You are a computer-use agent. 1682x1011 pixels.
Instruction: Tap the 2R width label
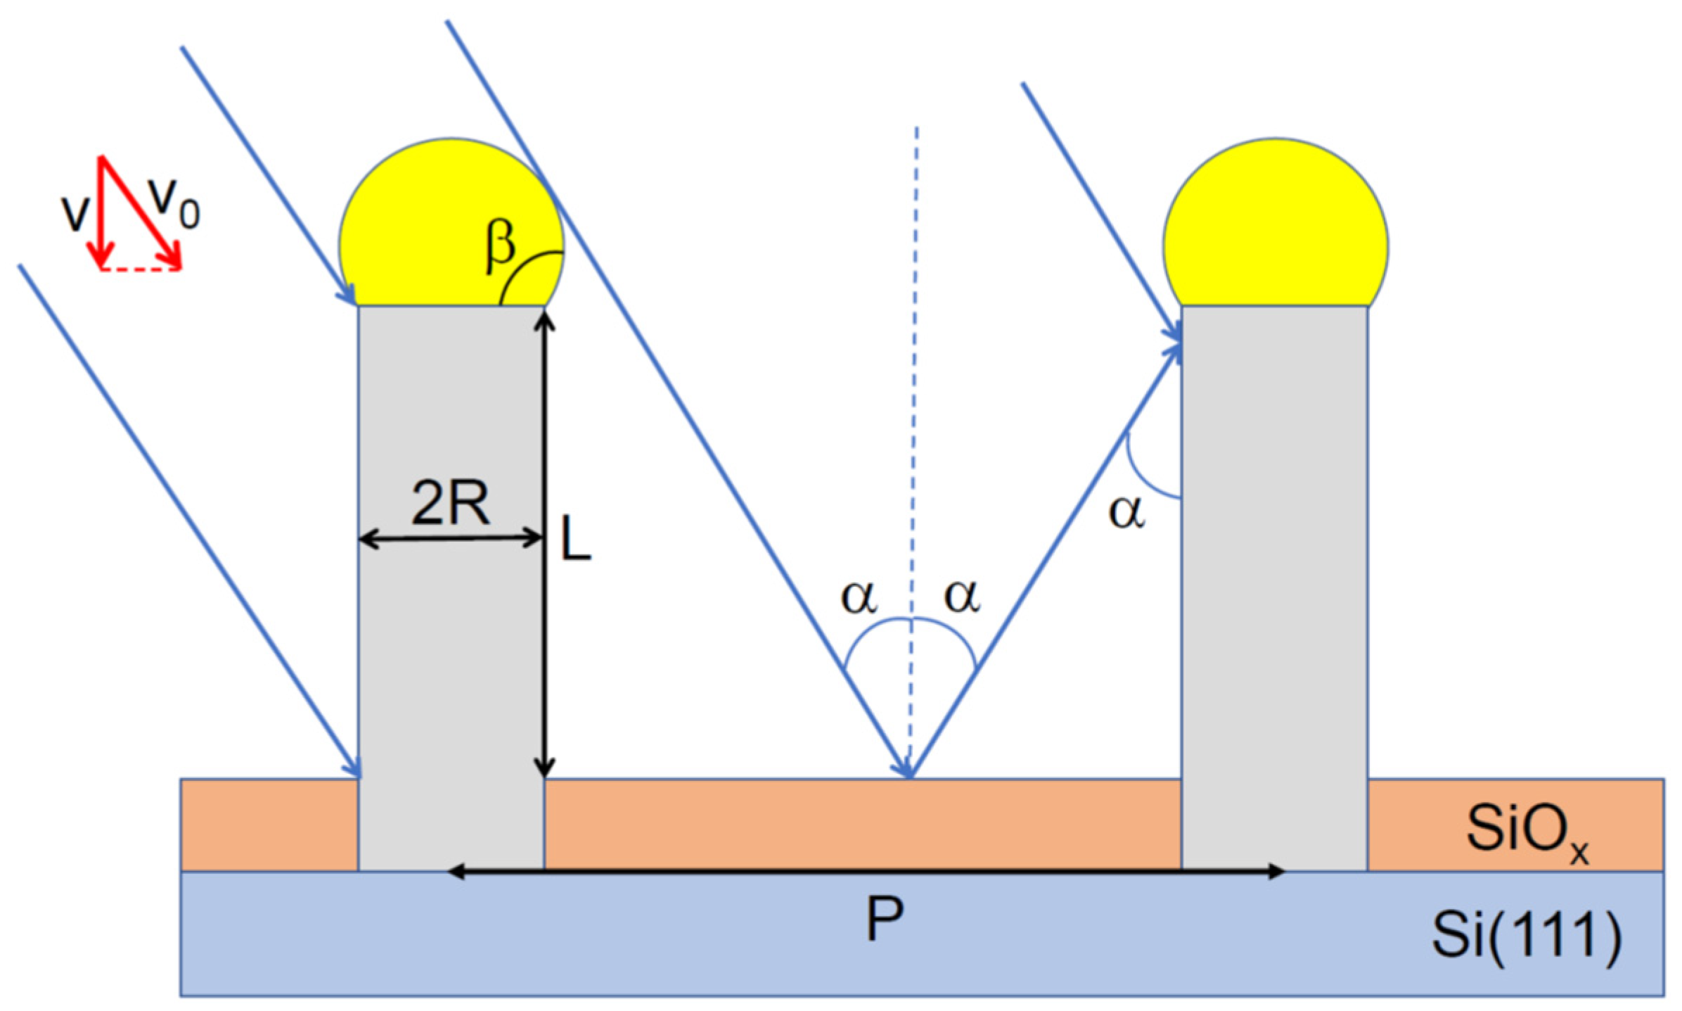pos(450,503)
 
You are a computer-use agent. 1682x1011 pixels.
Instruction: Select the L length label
pos(575,538)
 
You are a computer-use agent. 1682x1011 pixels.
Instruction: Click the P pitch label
pos(884,920)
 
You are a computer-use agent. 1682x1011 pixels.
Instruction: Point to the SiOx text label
pos(1526,830)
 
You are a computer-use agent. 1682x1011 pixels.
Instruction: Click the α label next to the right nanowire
pos(1126,512)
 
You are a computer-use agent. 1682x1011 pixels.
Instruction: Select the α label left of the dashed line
pos(859,597)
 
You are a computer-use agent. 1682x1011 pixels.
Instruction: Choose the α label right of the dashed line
pos(962,597)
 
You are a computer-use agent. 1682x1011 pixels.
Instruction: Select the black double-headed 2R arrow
pos(450,540)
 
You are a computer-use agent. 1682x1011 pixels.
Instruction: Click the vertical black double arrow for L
pos(545,633)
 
